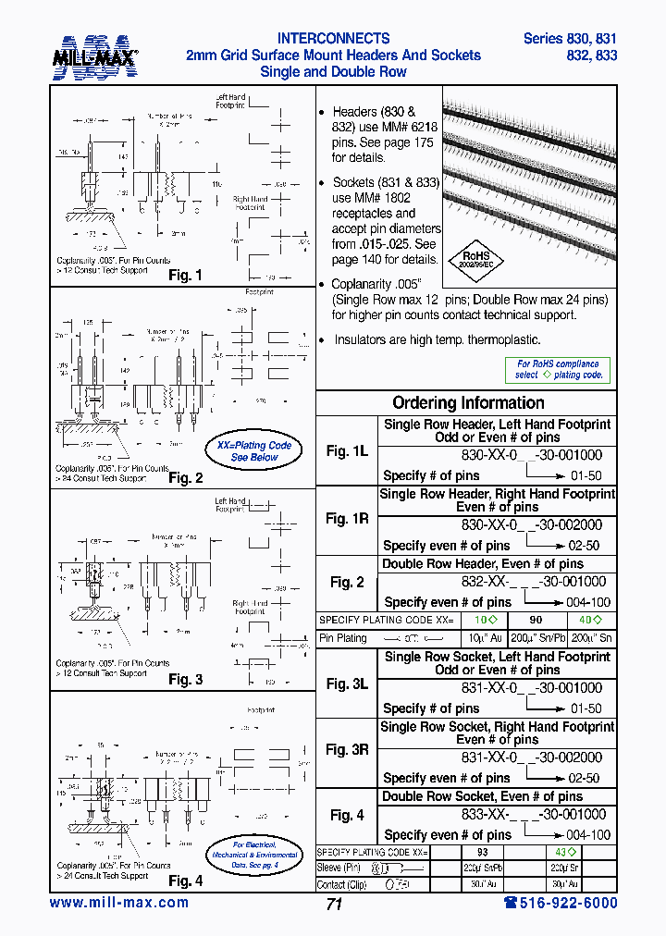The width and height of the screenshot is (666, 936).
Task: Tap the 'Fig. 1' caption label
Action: [185, 276]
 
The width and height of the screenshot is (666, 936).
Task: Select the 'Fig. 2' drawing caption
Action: [185, 478]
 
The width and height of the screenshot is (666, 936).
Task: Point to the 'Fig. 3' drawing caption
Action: [185, 680]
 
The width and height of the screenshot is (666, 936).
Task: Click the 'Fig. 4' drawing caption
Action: [185, 881]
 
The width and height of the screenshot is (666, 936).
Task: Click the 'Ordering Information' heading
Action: [468, 402]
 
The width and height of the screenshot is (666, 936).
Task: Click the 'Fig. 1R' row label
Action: [347, 519]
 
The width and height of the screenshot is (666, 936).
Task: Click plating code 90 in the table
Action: [535, 620]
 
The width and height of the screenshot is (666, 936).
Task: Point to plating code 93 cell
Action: [481, 851]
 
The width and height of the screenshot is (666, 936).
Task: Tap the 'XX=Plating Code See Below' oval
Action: [253, 451]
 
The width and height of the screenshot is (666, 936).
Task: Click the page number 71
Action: [334, 905]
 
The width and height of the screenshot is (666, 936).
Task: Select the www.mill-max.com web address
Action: [119, 903]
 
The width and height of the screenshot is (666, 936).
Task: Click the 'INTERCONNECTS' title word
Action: [333, 39]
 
